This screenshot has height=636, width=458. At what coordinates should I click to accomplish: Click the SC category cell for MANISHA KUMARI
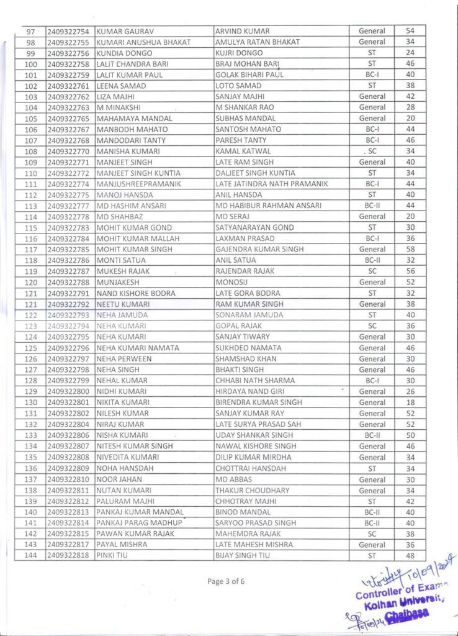(x=372, y=151)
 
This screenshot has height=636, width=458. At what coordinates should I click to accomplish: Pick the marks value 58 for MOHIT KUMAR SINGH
(x=410, y=249)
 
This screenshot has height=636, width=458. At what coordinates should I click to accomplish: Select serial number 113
(x=30, y=206)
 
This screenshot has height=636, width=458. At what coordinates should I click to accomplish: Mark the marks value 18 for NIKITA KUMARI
(x=410, y=402)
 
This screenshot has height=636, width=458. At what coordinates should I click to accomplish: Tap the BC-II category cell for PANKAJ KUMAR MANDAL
(x=372, y=512)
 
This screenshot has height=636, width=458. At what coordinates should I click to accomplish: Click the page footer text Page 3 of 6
(x=229, y=581)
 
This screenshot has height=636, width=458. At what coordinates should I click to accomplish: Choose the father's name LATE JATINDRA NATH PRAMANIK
(x=271, y=184)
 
